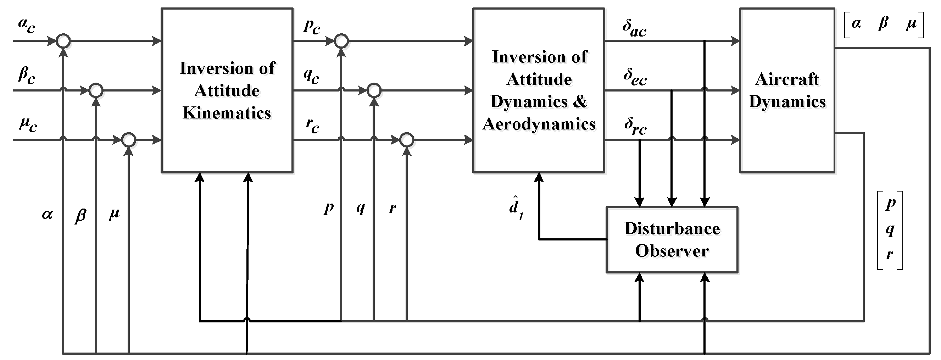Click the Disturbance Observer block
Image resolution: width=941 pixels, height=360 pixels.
point(672,240)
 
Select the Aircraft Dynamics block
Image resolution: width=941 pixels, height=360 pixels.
point(787,90)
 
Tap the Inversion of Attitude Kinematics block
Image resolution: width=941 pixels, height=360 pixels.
point(227,90)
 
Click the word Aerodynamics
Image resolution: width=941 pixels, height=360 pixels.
point(539,124)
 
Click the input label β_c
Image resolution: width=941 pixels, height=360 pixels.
point(27,76)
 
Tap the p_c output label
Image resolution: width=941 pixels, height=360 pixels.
point(312,26)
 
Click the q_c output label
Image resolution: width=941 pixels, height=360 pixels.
point(311,76)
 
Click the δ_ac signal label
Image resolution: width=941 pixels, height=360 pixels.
point(635,28)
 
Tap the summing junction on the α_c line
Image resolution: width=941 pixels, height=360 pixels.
point(63,40)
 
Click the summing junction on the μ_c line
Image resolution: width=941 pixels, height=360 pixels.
point(129,140)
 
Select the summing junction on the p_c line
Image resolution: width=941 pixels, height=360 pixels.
point(341,40)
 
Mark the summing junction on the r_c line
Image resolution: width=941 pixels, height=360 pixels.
point(407,140)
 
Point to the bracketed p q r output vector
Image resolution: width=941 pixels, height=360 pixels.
point(890,230)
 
